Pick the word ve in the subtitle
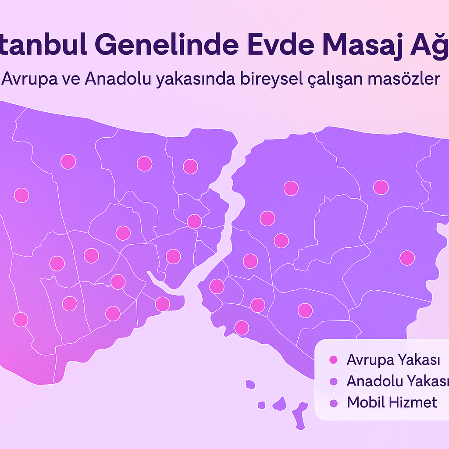click(x=71, y=79)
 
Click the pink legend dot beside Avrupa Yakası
click(x=333, y=360)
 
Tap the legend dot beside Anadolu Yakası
click(x=333, y=381)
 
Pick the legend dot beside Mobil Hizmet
click(x=333, y=403)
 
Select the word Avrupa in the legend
click(x=369, y=360)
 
